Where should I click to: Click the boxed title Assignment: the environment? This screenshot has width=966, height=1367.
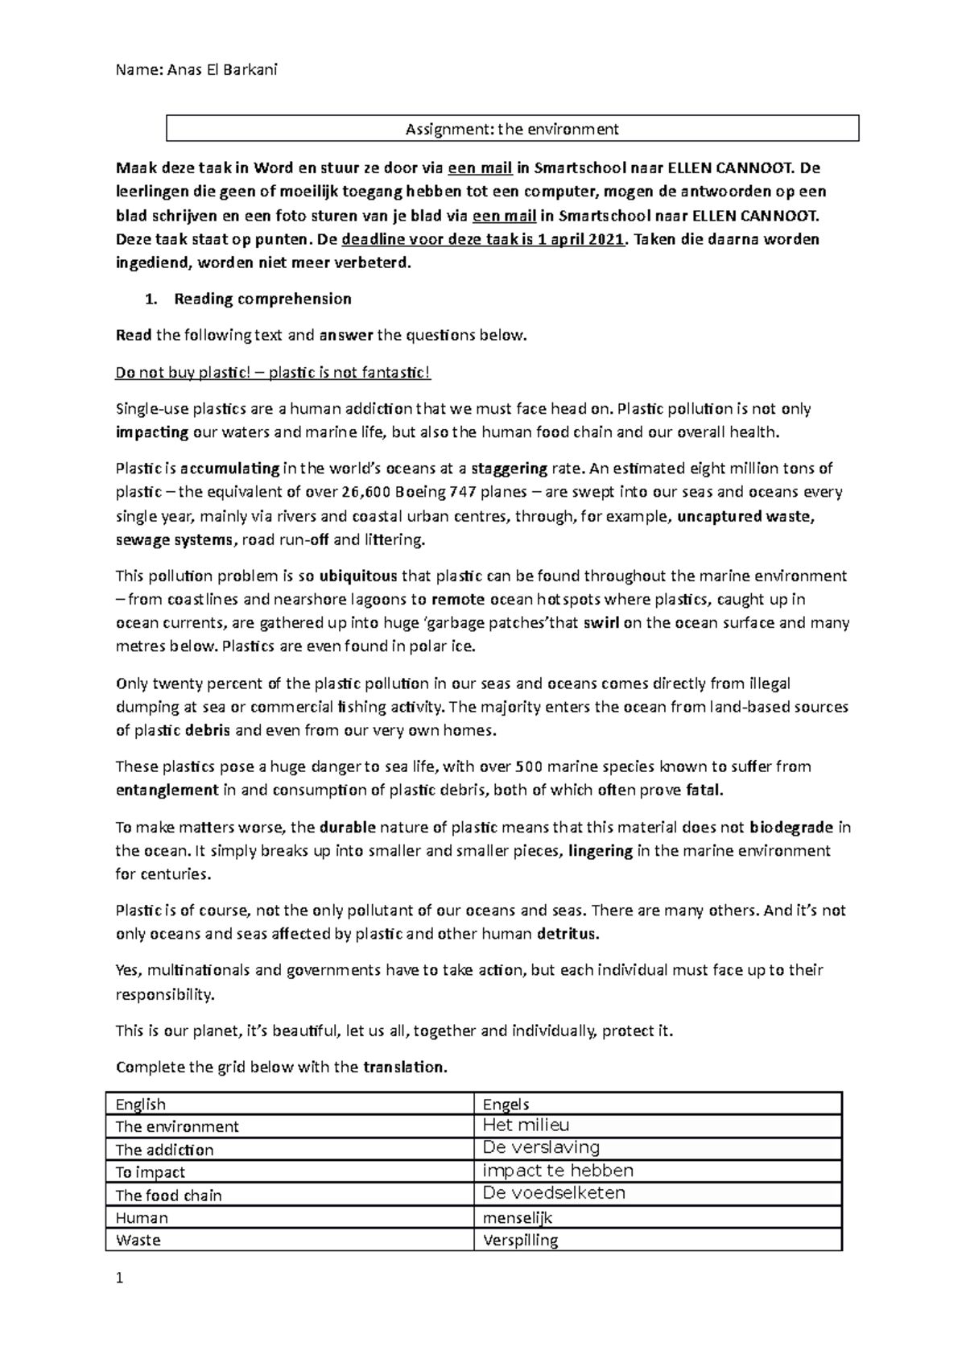coord(512,129)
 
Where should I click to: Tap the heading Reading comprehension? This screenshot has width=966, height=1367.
coord(262,299)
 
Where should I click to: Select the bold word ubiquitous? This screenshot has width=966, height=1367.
coord(357,576)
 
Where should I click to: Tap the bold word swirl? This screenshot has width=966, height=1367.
coord(601,622)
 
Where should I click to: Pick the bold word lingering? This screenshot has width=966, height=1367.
coord(600,850)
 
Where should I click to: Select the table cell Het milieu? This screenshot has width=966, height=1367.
coord(526,1125)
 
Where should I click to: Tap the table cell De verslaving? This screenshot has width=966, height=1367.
coord(541,1147)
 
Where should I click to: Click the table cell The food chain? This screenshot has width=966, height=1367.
coord(168,1195)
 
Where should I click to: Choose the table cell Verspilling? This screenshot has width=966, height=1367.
coord(520,1240)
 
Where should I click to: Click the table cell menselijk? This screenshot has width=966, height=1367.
coord(517,1217)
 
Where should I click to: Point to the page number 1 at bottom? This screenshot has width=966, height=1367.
coord(120,1278)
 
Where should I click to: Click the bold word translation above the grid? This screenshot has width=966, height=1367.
coord(403,1067)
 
